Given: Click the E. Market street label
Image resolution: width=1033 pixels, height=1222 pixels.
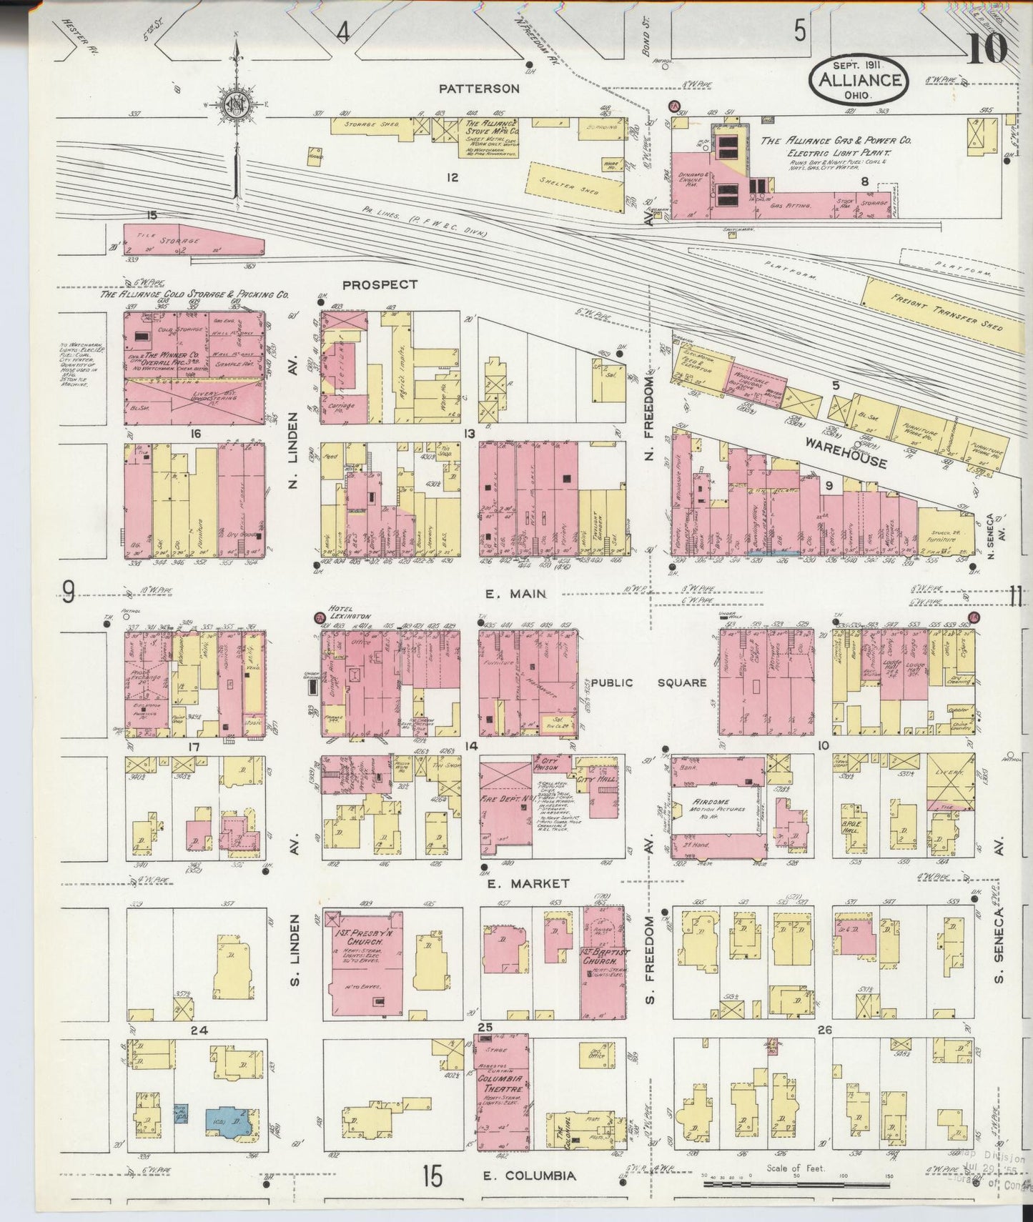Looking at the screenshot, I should (528, 883).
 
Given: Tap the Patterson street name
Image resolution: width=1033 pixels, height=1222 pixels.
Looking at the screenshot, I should (479, 89).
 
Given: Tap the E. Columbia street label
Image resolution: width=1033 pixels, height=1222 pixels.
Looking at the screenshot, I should (529, 1176).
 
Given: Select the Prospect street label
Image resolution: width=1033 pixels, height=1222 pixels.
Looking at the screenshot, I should (380, 284).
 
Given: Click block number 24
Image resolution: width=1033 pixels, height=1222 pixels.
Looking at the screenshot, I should (198, 1030).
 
